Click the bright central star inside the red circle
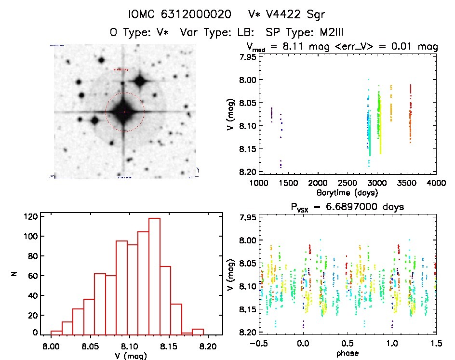pos(124,112)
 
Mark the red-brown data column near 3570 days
pos(410,116)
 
